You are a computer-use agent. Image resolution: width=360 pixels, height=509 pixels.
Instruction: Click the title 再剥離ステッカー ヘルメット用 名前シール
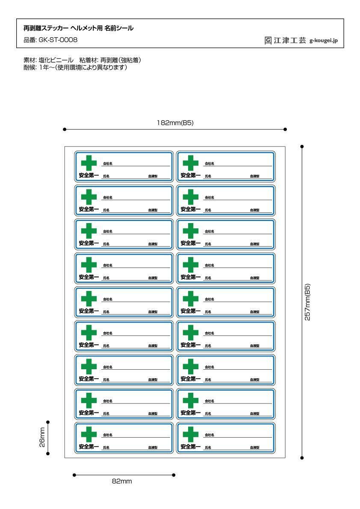pos(78,29)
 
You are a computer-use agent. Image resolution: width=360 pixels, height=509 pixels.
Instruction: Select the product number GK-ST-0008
pos(50,40)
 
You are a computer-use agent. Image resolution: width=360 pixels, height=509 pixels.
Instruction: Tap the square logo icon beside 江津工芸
pos(268,41)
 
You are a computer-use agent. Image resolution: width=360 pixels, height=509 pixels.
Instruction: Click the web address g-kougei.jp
pos(324,41)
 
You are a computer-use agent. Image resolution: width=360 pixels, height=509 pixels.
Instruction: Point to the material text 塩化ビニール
pos(53,60)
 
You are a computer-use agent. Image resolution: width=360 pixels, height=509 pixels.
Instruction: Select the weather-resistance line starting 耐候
pos(75,68)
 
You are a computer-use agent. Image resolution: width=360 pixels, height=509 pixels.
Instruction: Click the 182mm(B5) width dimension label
pos(175,123)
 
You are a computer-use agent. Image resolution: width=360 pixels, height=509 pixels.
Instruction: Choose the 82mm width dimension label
pos(122,482)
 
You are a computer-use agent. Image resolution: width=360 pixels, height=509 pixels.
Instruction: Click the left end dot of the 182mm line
pos(64,129)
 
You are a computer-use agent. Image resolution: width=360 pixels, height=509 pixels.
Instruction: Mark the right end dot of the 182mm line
pos(285,129)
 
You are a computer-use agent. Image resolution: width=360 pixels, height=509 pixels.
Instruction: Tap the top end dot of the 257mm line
pos(302,147)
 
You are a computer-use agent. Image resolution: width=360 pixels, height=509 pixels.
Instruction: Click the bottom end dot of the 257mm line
pos(302,458)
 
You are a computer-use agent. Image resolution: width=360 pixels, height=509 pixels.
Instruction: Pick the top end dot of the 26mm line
pos(47,422)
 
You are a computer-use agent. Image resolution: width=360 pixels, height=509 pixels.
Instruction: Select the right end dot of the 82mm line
pos(174,475)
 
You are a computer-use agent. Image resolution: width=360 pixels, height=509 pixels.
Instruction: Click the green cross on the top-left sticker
pos(89,162)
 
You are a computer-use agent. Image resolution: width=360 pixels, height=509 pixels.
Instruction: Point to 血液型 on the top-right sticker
pos(255,176)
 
